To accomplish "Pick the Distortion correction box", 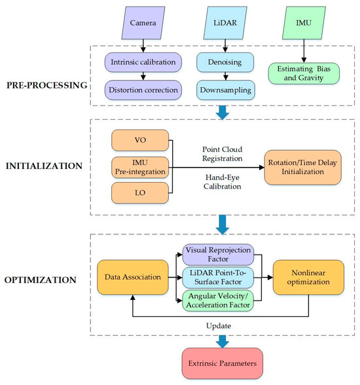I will pyautogui.click(x=141, y=88).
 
